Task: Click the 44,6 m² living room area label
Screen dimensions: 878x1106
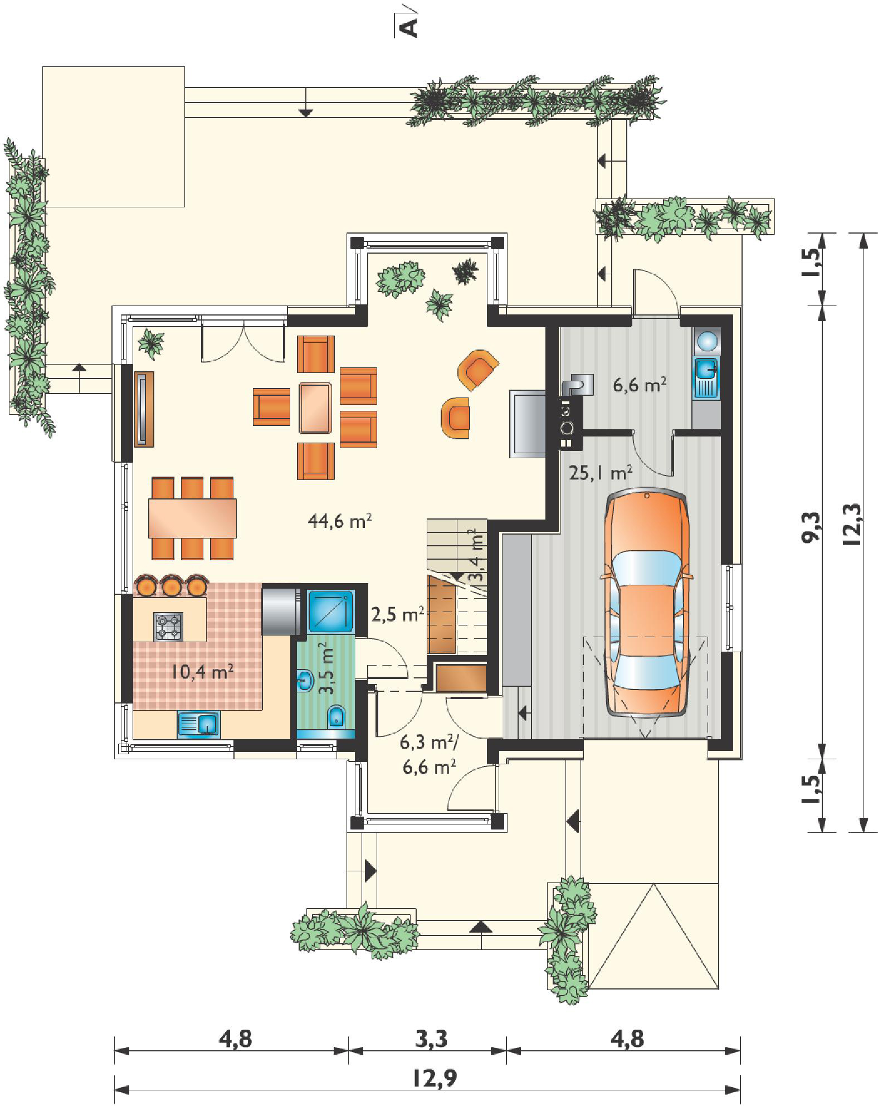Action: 339,521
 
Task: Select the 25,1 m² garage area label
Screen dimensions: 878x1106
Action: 601,473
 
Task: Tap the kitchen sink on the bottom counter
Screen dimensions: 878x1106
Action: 198,724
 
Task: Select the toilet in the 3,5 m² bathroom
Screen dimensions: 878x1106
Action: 337,717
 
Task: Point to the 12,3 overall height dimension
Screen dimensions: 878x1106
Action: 852,527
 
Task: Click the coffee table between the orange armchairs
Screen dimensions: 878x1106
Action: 316,408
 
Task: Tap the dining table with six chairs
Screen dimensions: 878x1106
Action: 192,518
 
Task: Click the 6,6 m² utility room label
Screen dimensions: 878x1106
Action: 640,385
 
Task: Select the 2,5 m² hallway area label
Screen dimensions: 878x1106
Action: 398,615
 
